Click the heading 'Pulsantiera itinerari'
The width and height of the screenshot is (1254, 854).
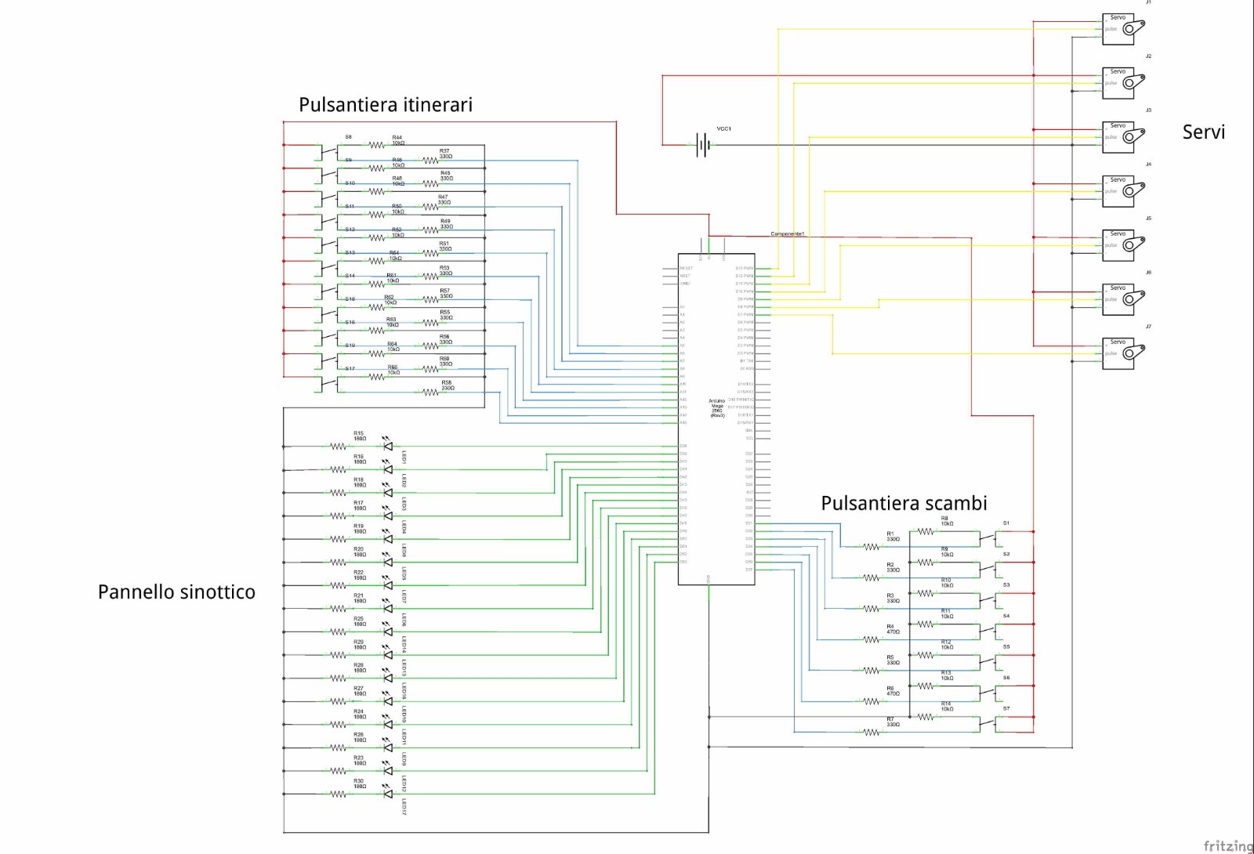click(x=386, y=105)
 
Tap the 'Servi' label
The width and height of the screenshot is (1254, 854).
click(x=1203, y=132)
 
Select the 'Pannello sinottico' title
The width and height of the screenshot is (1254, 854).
click(x=176, y=592)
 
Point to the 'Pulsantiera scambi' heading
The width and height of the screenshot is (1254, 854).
click(x=904, y=504)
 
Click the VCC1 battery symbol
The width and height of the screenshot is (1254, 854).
click(x=703, y=145)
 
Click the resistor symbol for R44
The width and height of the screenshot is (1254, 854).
click(x=377, y=145)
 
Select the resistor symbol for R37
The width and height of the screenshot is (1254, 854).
click(x=430, y=161)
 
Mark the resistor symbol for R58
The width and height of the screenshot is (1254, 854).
click(x=430, y=393)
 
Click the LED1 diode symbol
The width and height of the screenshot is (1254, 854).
click(x=387, y=447)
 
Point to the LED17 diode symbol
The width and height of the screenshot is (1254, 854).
click(x=387, y=794)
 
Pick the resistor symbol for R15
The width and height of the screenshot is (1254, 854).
click(x=338, y=447)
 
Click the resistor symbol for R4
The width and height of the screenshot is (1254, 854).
click(x=872, y=639)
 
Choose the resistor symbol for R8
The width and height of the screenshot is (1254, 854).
click(x=926, y=531)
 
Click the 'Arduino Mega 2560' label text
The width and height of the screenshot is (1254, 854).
click(x=717, y=407)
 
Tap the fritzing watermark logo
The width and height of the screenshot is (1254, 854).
click(x=1228, y=845)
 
